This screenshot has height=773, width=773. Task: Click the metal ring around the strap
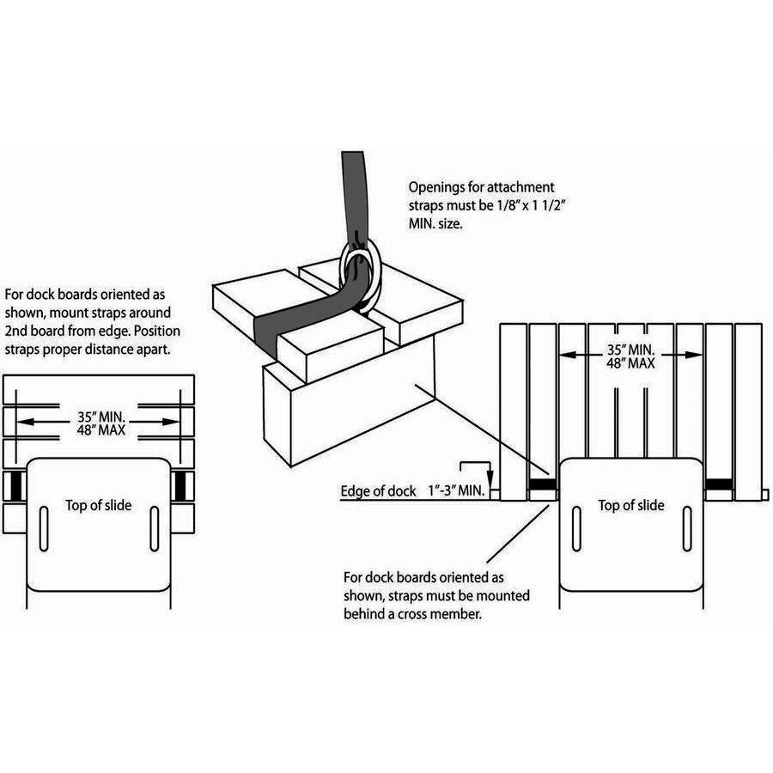tap(359, 273)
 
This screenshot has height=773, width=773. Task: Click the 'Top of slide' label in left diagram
tap(99, 505)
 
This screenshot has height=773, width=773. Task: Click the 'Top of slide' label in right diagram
tap(631, 505)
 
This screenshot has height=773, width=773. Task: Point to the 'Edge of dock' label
tap(378, 492)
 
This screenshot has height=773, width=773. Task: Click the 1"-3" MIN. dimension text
tap(456, 492)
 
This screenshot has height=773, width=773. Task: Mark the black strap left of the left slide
tap(15, 486)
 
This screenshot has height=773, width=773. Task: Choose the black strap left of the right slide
tap(542, 485)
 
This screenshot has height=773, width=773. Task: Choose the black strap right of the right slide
tap(719, 485)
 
